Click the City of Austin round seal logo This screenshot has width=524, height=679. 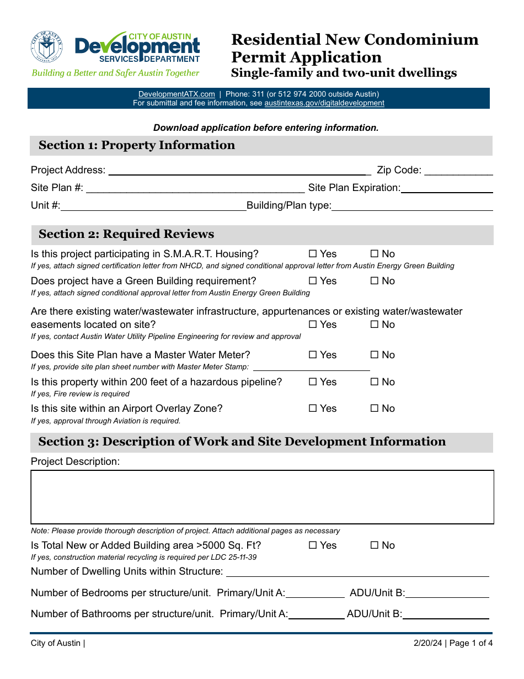click(47, 47)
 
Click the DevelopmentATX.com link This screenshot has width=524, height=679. click(177, 94)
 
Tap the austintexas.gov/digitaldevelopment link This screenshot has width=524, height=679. click(324, 103)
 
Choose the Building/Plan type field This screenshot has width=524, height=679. click(412, 206)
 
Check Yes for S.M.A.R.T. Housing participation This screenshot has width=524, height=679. click(313, 254)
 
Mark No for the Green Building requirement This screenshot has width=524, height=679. click(375, 281)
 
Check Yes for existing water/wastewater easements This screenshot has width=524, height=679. click(313, 325)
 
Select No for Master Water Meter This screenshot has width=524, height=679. click(375, 355)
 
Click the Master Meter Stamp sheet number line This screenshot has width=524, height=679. click(311, 367)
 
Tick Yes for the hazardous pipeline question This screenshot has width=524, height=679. click(313, 382)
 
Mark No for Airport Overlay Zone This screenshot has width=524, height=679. click(375, 409)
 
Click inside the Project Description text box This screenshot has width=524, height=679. click(262, 497)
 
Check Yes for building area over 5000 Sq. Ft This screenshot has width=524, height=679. click(313, 545)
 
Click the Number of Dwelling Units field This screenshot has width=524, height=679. click(357, 572)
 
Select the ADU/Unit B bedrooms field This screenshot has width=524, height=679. click(447, 593)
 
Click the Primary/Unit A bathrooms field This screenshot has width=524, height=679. click(317, 614)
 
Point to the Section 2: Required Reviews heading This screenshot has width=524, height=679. click(126, 234)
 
